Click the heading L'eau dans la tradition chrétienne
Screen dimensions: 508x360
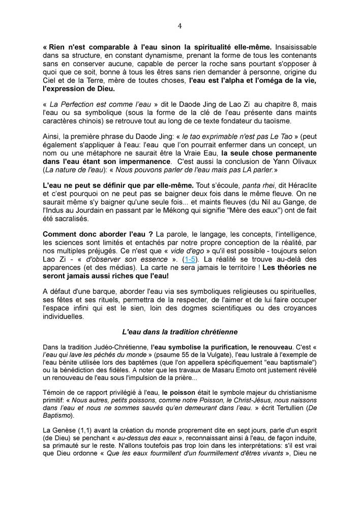179,332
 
